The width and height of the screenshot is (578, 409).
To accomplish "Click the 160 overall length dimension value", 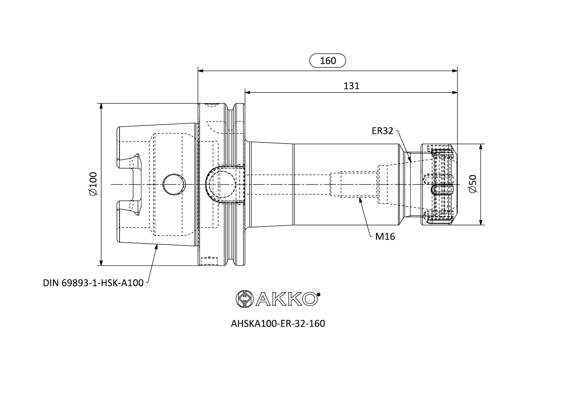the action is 328,61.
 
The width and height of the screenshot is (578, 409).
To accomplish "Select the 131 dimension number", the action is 351,86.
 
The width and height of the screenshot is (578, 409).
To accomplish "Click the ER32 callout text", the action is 382,131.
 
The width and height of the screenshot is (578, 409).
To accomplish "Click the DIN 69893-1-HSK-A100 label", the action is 93,283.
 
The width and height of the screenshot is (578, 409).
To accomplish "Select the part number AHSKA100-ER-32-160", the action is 278,324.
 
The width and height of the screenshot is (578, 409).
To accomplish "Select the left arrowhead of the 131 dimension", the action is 247,93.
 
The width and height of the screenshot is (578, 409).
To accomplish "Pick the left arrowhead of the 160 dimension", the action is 201,71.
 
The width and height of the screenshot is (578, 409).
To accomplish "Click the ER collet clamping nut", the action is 439,185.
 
